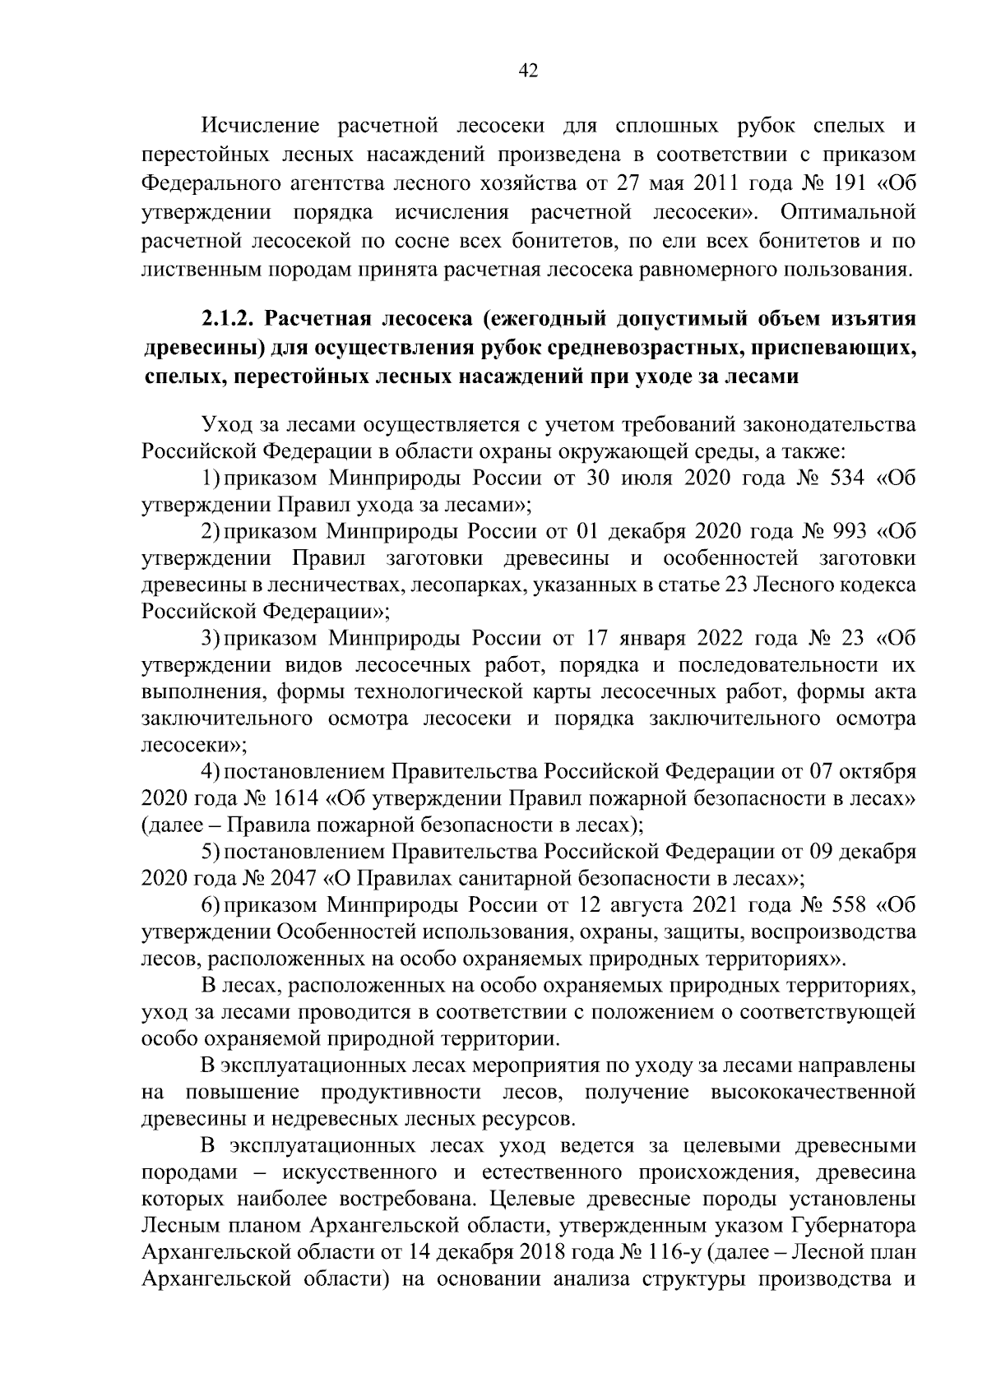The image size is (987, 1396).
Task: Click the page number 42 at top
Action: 528,72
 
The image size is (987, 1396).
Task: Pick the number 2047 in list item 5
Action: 294,878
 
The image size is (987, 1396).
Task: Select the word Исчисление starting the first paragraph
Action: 261,127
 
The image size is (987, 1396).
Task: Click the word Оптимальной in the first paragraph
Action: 848,213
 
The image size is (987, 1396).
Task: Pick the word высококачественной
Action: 811,1093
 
